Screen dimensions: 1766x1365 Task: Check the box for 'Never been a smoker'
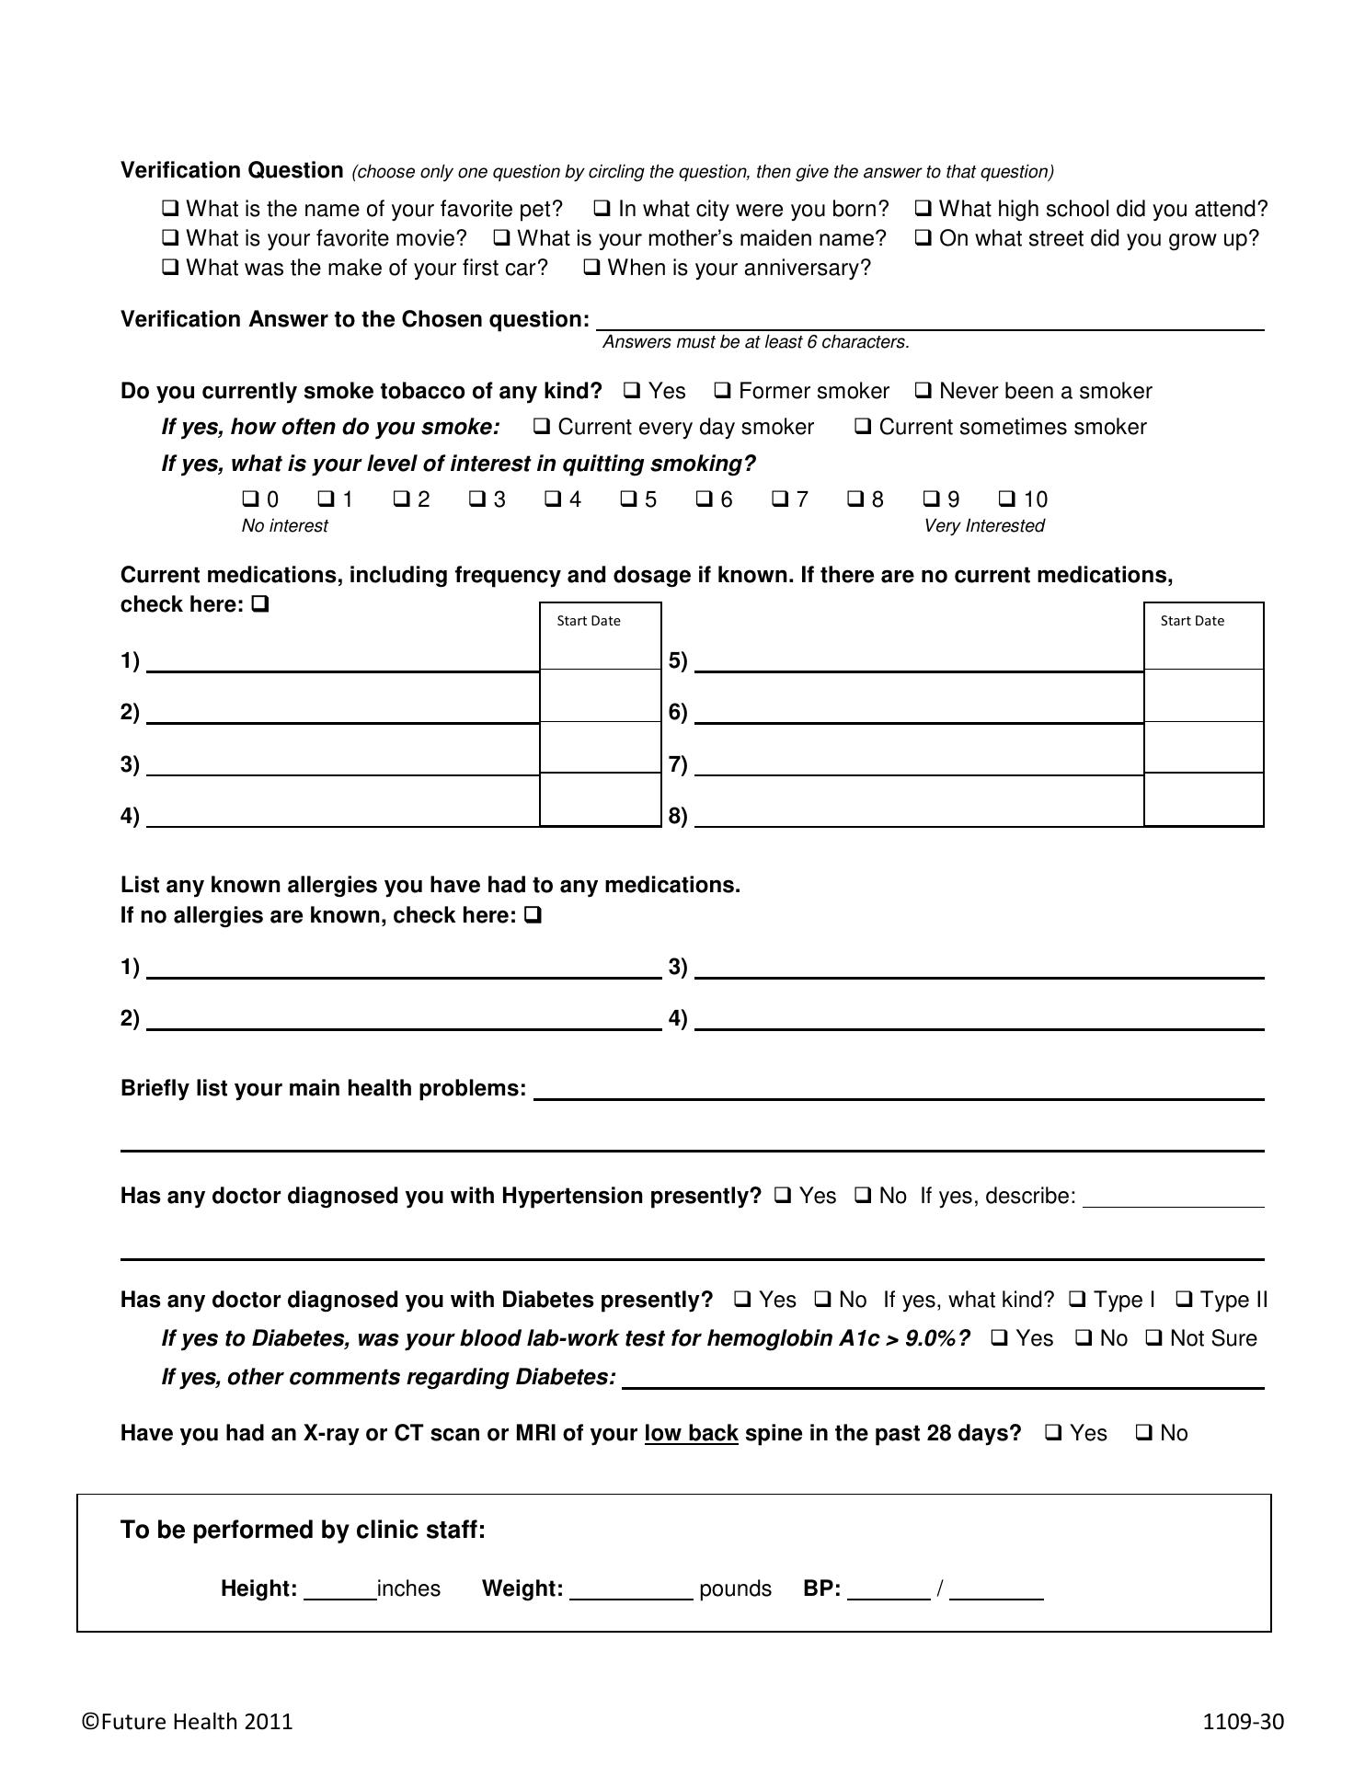coord(923,391)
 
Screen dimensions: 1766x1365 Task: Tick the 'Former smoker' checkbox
coord(723,391)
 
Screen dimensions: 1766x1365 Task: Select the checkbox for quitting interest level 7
coord(780,499)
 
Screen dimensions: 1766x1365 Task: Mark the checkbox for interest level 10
coord(1007,499)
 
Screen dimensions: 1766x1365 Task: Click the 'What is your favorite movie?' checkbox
coord(170,238)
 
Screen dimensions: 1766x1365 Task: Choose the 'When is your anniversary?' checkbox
coord(592,268)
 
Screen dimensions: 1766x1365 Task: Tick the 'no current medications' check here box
coord(259,604)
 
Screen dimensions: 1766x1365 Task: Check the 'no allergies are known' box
coord(533,915)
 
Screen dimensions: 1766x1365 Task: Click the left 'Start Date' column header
coord(589,621)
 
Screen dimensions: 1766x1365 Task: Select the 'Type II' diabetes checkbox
coord(1185,1300)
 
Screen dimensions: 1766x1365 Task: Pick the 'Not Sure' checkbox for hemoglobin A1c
coord(1154,1338)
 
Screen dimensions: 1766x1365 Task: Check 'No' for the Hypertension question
coord(864,1196)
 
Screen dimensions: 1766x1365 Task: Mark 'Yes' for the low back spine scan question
coord(1054,1433)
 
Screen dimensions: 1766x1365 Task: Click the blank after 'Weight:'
coord(631,1589)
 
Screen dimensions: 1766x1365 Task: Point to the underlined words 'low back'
coord(691,1433)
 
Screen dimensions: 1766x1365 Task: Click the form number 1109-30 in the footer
coord(1243,1722)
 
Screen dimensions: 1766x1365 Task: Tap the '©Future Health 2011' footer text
coord(187,1722)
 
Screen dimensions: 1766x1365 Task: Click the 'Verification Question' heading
coord(232,170)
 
